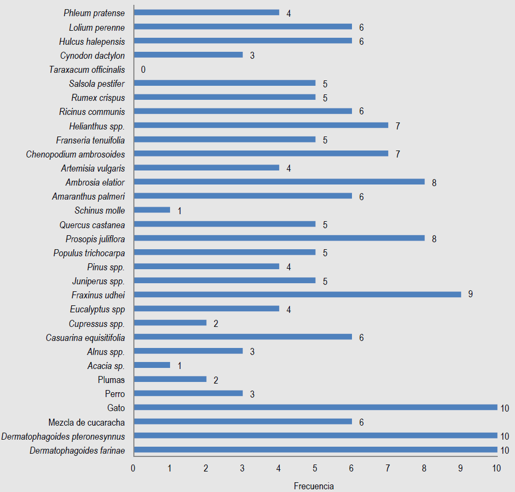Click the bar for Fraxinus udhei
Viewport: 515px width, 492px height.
[x=297, y=295]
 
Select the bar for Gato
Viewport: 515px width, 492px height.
[x=315, y=407]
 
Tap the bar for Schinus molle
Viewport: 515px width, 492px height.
[x=152, y=210]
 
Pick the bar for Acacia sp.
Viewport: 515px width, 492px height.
[x=152, y=365]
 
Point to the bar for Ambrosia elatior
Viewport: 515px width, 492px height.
[x=279, y=182]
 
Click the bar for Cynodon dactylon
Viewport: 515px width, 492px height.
[x=188, y=55]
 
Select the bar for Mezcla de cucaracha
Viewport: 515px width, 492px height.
[x=242, y=421]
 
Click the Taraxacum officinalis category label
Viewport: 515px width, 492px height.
[x=87, y=70]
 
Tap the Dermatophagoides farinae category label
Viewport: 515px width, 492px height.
[x=77, y=450]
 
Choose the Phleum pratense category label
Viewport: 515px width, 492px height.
[x=94, y=13]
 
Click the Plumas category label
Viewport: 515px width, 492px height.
[x=111, y=380]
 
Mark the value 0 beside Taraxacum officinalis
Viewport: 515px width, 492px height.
[x=143, y=70]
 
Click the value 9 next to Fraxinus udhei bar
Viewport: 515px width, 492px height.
[x=470, y=295]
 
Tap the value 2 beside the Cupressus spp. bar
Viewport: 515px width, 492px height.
[x=215, y=324]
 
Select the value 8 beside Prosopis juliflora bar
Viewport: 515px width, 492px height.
[x=434, y=238]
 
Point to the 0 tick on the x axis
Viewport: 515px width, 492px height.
[x=133, y=468]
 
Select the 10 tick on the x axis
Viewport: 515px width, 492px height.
[x=497, y=468]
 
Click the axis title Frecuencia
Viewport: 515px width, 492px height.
[x=314, y=486]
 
